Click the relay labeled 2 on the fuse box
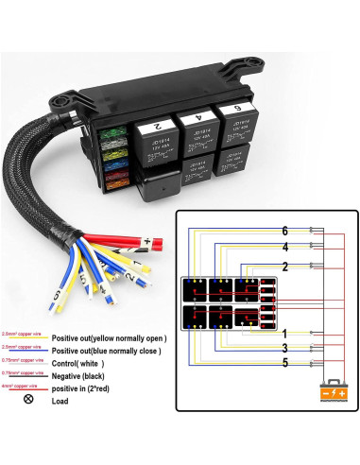(x=159, y=124)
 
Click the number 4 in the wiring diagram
(x=284, y=248)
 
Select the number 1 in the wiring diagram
(x=284, y=333)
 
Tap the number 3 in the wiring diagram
(x=284, y=348)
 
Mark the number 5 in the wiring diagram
(x=284, y=362)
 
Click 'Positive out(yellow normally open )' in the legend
(x=109, y=337)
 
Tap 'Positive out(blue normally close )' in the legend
(x=109, y=350)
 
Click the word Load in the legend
(x=61, y=401)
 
